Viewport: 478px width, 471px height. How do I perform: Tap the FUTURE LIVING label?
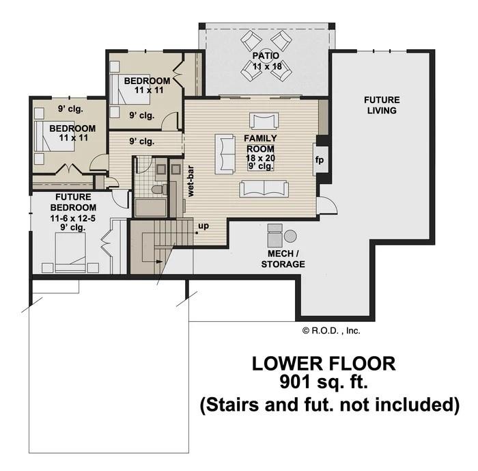point(381,105)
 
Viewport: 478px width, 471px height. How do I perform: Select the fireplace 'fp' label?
point(319,160)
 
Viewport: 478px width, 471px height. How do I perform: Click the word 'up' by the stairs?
point(203,225)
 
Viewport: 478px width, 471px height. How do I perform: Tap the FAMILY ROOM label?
point(259,144)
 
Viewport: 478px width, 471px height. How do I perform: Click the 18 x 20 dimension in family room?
point(260,158)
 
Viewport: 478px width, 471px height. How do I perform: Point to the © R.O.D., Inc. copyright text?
point(331,330)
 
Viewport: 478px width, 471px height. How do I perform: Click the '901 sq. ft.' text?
point(324,381)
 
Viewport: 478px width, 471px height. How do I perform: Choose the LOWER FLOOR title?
point(324,362)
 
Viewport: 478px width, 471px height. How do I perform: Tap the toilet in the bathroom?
point(156,189)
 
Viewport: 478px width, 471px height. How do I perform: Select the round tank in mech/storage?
point(290,237)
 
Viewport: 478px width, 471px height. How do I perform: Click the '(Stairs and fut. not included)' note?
point(329,405)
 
